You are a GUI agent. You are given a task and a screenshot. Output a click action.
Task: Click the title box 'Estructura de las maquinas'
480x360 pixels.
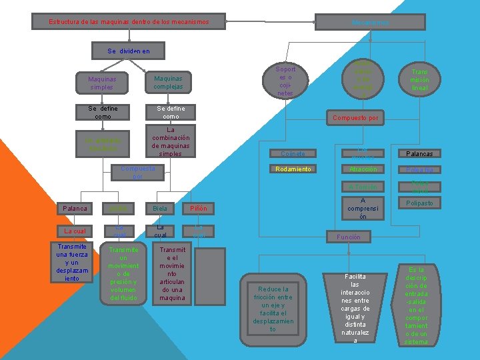point(129,22)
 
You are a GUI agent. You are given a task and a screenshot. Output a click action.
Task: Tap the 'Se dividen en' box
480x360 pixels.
point(128,51)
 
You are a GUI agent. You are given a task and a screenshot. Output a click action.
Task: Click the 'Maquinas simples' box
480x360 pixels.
point(101,82)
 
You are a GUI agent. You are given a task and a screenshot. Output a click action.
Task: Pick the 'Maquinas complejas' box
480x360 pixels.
point(168,82)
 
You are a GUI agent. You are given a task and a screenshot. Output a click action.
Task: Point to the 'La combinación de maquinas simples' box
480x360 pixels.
point(171,141)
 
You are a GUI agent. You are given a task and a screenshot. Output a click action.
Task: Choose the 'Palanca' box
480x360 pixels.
point(75,209)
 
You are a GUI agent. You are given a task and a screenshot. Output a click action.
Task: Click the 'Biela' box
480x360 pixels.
point(160,209)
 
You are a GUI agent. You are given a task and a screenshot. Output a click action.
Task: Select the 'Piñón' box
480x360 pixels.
point(198,209)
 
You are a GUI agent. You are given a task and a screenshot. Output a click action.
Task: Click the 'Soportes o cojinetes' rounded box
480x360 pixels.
point(285,81)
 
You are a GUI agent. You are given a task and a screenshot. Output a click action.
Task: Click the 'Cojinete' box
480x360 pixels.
point(293,153)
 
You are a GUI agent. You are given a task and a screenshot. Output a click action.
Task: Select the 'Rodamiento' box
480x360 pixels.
point(293,169)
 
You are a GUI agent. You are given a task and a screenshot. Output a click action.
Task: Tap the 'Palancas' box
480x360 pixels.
point(419,153)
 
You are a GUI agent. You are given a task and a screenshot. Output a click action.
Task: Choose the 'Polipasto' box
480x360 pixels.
point(419,202)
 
